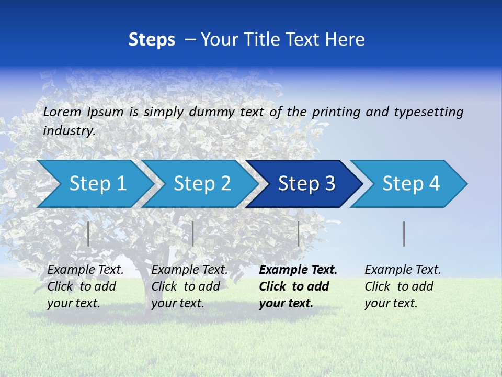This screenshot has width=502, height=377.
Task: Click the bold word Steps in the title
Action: click(152, 40)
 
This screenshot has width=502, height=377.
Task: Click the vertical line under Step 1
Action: click(88, 234)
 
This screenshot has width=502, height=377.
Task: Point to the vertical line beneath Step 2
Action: click(193, 234)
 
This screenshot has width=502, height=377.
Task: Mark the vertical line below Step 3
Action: click(299, 234)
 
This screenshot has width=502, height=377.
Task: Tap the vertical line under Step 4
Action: click(404, 234)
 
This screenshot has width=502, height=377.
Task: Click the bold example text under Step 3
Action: click(298, 286)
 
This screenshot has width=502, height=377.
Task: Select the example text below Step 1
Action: click(85, 286)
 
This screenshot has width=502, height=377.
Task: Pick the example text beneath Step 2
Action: click(189, 286)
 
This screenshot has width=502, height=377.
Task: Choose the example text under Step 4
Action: click(403, 286)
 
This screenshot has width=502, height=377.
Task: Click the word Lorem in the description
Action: click(62, 112)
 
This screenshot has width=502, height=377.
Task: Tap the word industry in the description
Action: click(69, 131)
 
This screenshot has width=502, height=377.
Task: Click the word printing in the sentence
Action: click(335, 112)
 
